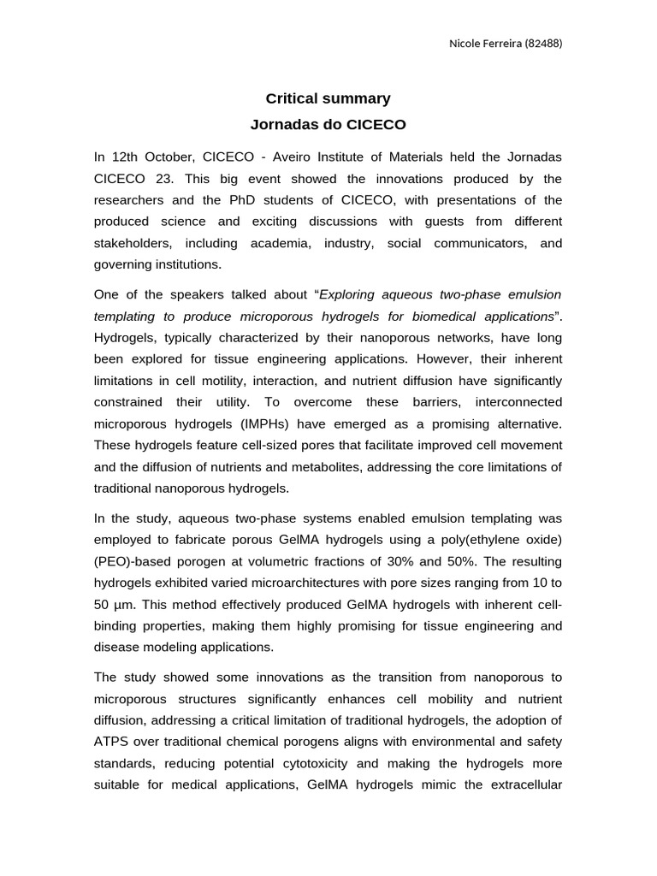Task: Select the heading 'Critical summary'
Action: click(328, 98)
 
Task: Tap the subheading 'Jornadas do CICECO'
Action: click(328, 124)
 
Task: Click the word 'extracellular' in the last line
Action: click(525, 784)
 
